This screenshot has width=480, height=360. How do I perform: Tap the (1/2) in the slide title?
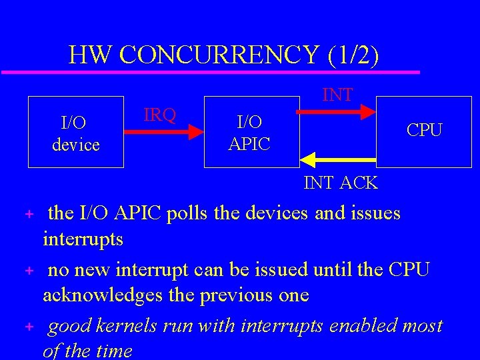[x=353, y=55]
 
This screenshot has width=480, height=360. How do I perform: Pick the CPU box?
[x=425, y=130]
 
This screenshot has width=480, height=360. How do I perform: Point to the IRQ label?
[x=160, y=115]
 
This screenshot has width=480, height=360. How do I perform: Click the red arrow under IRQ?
[x=165, y=132]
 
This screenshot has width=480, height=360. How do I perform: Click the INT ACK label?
[x=341, y=182]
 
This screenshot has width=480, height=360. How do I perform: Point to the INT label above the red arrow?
[x=338, y=95]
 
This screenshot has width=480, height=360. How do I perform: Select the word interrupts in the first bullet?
[x=83, y=238]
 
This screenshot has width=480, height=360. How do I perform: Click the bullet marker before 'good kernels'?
[x=29, y=327]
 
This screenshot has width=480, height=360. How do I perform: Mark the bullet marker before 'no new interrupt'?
[x=29, y=271]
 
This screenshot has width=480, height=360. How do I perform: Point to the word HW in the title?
[x=89, y=55]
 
